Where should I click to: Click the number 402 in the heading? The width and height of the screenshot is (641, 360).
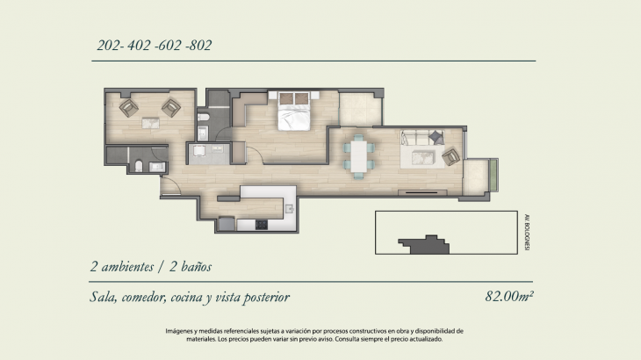139,45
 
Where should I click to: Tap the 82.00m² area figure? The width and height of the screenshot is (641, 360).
509,296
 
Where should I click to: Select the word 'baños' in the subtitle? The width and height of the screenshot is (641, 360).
196,267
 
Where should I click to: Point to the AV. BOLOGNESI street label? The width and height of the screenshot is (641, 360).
527,232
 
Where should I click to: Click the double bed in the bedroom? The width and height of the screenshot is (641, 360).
293,111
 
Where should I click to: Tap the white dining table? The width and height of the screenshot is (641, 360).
359,156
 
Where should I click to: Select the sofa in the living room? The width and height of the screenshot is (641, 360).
421,138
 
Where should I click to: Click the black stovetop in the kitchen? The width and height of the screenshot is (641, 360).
262,224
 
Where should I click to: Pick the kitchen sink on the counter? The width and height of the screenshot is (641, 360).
290,209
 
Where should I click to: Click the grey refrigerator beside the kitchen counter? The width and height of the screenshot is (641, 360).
227,224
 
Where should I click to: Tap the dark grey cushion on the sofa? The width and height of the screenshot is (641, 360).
436,137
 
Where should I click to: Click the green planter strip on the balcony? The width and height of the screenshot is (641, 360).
493,175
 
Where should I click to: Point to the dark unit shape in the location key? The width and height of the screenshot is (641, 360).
424,245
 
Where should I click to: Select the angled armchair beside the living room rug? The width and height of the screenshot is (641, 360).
451,156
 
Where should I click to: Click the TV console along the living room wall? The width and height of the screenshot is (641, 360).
422,192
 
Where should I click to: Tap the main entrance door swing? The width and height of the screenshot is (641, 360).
172,185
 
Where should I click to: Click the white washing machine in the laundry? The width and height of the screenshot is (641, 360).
198,151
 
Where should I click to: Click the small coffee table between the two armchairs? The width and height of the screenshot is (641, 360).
150,123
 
